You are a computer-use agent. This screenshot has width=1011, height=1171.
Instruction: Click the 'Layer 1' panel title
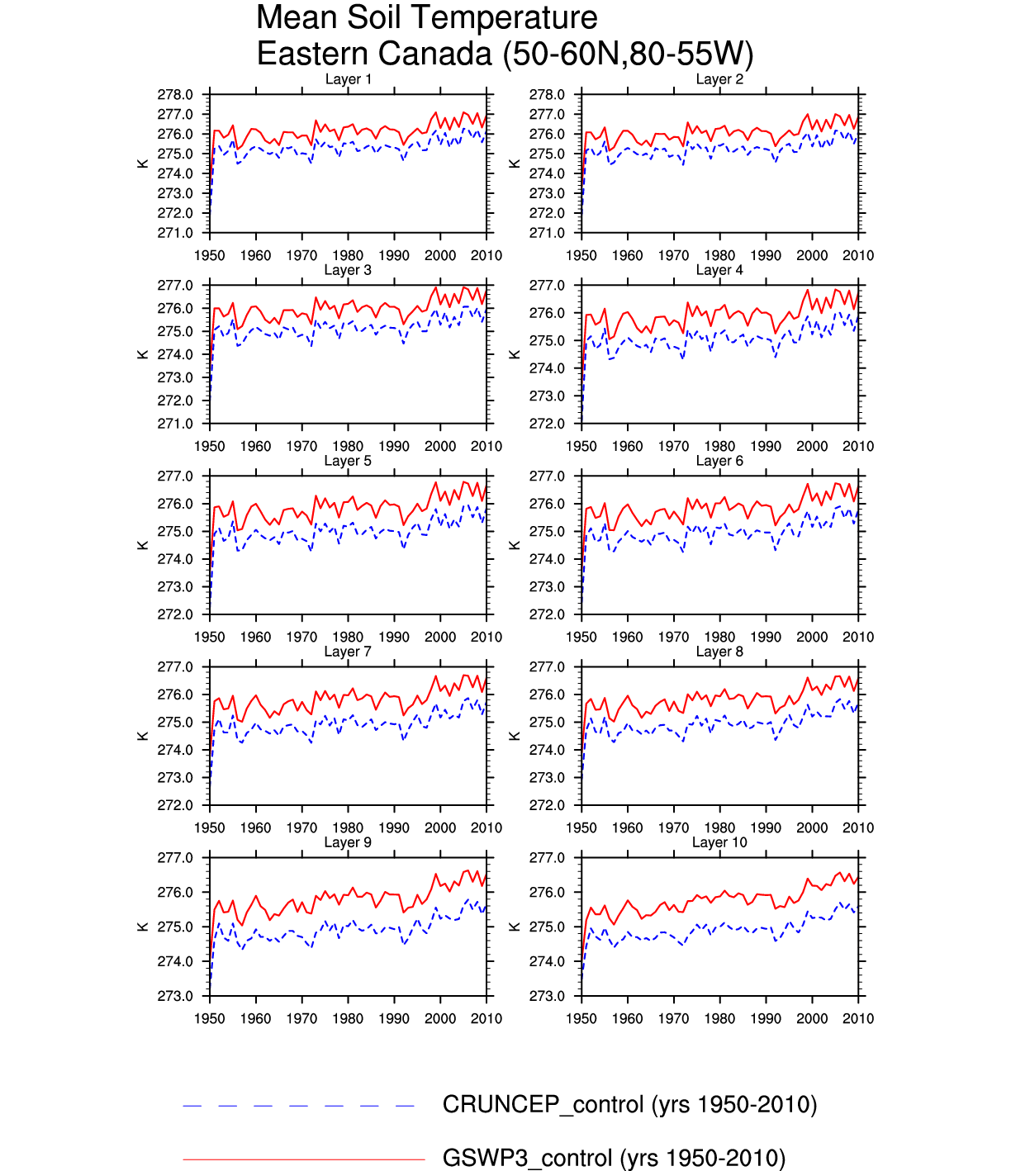348,79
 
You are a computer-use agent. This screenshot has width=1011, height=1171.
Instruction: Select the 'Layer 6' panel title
719,461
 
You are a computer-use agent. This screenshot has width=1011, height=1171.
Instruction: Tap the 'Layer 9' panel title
348,842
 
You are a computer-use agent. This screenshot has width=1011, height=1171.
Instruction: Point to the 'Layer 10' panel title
719,842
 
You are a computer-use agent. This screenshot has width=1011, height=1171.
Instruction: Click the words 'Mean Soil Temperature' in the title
426,17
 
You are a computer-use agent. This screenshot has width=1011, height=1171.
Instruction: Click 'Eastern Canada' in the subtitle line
374,54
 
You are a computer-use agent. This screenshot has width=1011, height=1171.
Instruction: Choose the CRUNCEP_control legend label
629,1104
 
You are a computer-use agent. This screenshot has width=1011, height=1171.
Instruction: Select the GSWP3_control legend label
614,1158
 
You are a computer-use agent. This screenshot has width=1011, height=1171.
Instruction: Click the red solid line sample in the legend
303,1159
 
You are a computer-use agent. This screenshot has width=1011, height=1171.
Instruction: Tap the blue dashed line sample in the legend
298,1106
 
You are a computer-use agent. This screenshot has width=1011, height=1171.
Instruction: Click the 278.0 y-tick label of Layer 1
175,95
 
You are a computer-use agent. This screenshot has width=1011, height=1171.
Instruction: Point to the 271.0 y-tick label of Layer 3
175,424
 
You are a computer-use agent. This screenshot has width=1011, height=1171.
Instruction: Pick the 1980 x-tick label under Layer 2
719,255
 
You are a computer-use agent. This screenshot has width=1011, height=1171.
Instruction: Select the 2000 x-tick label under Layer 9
440,1018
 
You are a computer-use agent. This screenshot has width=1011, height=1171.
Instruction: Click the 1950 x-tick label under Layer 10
581,1018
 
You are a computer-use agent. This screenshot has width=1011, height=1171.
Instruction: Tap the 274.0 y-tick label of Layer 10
547,961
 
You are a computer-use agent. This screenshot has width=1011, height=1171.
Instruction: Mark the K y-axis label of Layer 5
143,545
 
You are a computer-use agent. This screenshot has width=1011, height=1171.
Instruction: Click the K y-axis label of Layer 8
515,736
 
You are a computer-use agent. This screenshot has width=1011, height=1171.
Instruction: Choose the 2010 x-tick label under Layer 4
858,446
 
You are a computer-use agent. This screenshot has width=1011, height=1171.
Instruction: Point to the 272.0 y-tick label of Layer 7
175,805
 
